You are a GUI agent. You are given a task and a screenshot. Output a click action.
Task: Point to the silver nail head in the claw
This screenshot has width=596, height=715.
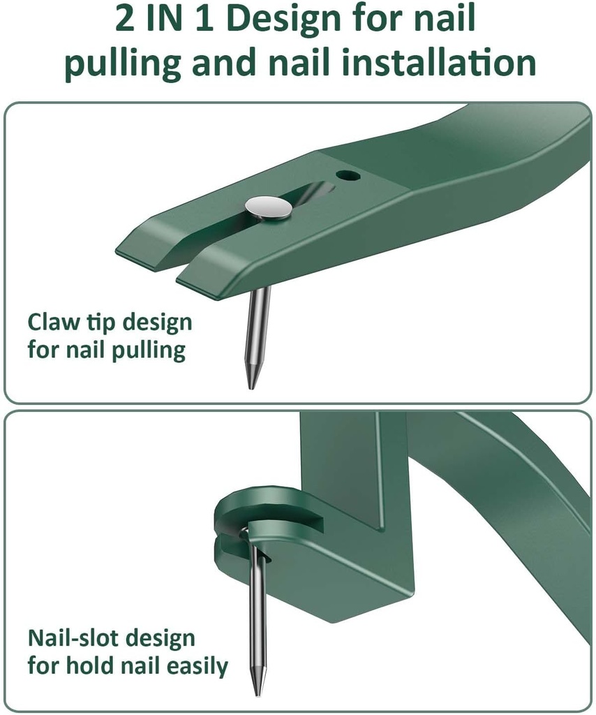click(x=269, y=207)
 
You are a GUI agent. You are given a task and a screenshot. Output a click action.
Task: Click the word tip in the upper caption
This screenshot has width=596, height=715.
click(x=103, y=323)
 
